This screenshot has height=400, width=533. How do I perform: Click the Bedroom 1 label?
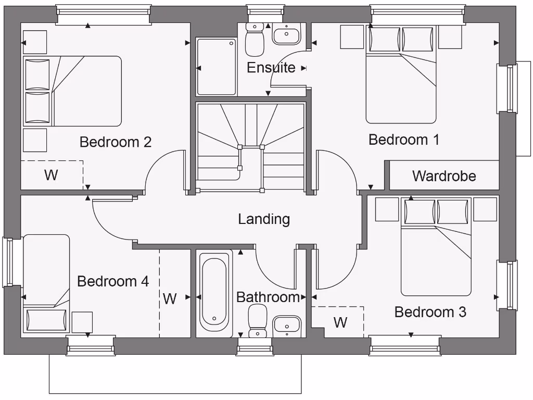pyautogui.click(x=403, y=140)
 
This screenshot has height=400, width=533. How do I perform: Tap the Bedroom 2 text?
pyautogui.click(x=115, y=142)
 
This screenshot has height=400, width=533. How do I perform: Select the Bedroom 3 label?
pyautogui.click(x=430, y=312)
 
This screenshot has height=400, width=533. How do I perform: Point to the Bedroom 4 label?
pyautogui.click(x=113, y=282)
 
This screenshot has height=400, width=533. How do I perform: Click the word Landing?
pyautogui.click(x=264, y=219)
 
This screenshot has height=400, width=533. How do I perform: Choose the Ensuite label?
pyautogui.click(x=271, y=68)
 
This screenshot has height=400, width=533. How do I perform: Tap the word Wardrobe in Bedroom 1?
pyautogui.click(x=444, y=176)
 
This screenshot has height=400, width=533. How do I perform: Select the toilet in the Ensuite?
pyautogui.click(x=255, y=40)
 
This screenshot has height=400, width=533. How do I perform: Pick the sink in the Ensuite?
pyautogui.click(x=286, y=35)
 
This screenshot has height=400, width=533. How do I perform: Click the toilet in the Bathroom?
pyautogui.click(x=258, y=320)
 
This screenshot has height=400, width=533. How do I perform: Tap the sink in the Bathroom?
pyautogui.click(x=287, y=326)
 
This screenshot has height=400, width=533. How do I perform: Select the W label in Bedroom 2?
pyautogui.click(x=50, y=175)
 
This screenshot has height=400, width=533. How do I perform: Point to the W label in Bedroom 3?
pyautogui.click(x=340, y=322)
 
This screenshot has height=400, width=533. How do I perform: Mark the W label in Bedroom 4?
pyautogui.click(x=170, y=299)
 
